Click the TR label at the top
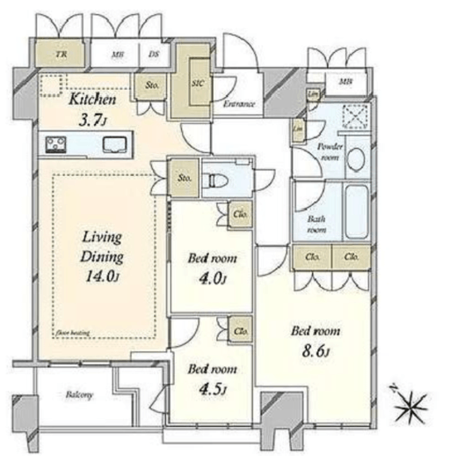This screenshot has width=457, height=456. pyautogui.click(x=61, y=55)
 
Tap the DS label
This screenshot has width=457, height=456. pyautogui.click(x=153, y=55)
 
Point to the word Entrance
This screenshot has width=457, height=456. pyautogui.click(x=238, y=105)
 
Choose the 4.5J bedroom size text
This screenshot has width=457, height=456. pyautogui.click(x=209, y=390)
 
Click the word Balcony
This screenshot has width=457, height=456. pyautogui.click(x=80, y=395)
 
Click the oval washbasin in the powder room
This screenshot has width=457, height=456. pyautogui.click(x=355, y=159)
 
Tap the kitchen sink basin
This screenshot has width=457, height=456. pyautogui.click(x=113, y=144)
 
